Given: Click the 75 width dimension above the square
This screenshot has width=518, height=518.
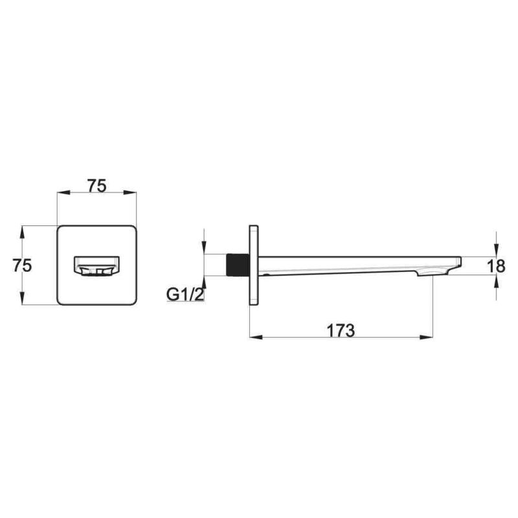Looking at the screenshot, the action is tap(96, 186).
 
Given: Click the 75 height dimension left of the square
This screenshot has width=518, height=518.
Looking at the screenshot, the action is tap(22, 265).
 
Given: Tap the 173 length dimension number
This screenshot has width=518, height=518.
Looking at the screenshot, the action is tap(341, 331).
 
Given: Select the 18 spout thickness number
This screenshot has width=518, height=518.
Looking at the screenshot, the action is tap(497, 266).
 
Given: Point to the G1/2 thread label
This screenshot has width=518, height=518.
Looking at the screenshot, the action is tap(185, 295).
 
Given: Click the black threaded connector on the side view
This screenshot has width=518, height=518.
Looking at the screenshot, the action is tap(238, 265).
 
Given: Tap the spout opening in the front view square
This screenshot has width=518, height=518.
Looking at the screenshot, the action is tap(96, 265).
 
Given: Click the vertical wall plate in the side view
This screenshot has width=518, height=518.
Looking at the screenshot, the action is tap(254, 265).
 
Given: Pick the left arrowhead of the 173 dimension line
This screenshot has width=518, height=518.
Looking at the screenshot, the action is tap(256, 337).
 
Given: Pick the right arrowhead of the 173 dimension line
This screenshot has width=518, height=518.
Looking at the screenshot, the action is tap(426, 337).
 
